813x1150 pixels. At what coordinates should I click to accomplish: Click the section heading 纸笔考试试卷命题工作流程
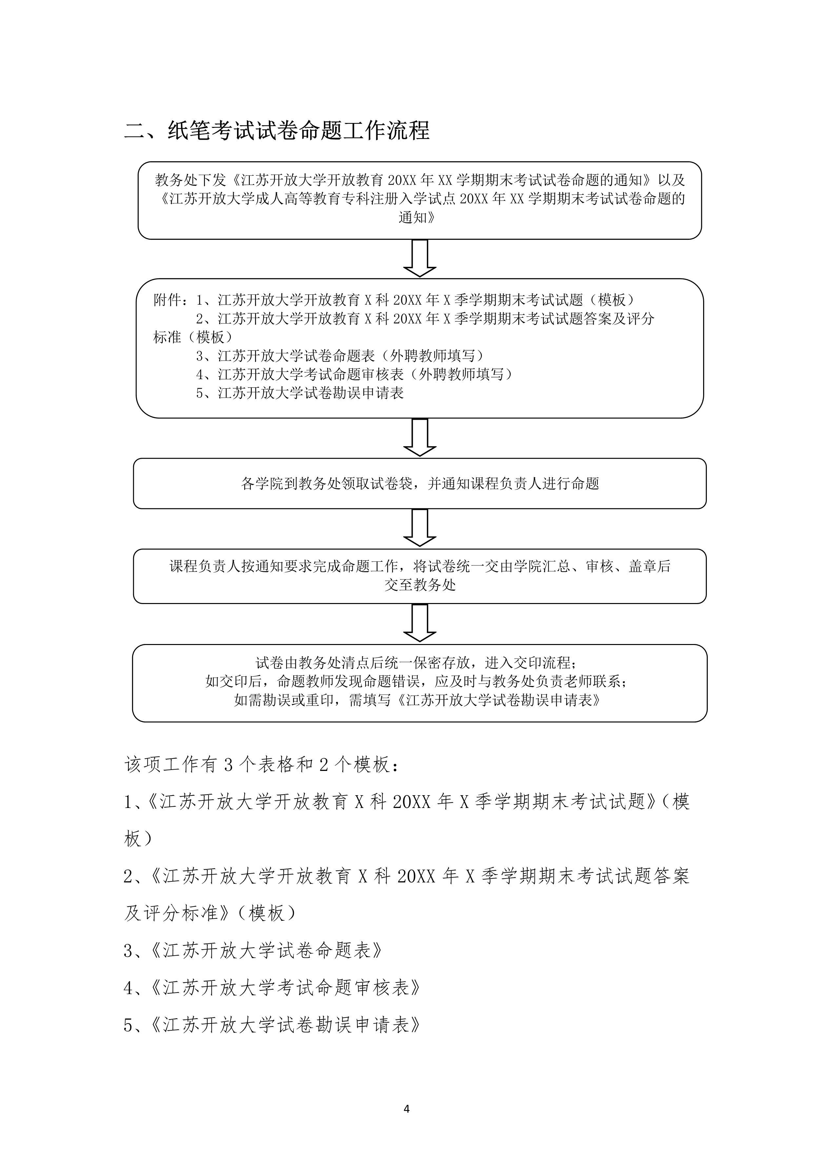299,130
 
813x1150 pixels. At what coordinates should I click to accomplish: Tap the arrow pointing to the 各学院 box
420,437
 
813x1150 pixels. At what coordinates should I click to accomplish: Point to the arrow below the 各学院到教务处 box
420,527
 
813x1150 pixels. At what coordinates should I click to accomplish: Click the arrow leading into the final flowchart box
420,623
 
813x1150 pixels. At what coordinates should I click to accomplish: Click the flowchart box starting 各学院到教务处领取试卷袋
420,483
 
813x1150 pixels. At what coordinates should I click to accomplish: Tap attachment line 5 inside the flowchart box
300,393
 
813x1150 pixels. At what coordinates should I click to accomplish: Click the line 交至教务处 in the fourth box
420,585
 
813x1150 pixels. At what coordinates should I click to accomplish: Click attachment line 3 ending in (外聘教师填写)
340,355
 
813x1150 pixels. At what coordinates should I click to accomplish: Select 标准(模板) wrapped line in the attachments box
193,337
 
